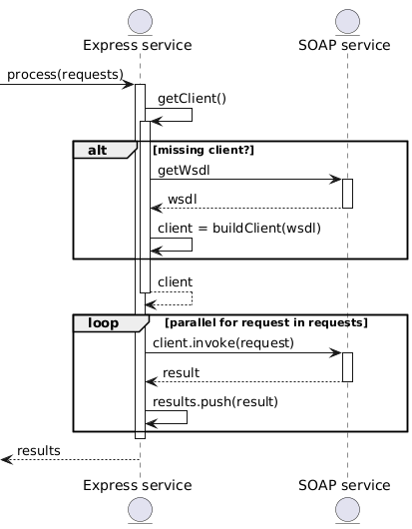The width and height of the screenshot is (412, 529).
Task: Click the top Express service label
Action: click(x=138, y=45)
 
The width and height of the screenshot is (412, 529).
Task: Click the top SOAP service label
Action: click(x=344, y=45)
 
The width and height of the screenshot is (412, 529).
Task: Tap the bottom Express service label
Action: click(x=138, y=485)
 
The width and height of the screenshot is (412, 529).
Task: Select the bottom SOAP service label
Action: click(x=344, y=485)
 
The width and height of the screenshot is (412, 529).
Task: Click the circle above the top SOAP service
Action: click(x=347, y=22)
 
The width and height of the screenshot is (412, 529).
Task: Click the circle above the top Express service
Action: click(x=140, y=22)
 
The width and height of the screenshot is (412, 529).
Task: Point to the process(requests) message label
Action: click(x=66, y=75)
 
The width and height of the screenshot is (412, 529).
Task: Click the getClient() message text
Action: click(x=192, y=99)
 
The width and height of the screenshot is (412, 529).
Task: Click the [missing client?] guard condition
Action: click(x=204, y=150)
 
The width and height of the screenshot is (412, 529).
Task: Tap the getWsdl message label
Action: click(x=184, y=171)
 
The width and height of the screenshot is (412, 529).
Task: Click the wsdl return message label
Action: click(x=183, y=199)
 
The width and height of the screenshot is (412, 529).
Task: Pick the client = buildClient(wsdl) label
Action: click(x=239, y=229)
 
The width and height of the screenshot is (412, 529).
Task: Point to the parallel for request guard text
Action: click(x=266, y=322)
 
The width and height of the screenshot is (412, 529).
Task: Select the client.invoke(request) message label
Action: click(x=223, y=343)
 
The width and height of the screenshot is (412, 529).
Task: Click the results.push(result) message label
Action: click(x=215, y=402)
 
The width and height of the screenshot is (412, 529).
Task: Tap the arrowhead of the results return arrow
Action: click(x=6, y=459)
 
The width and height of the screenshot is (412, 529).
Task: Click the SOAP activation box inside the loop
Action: click(x=347, y=367)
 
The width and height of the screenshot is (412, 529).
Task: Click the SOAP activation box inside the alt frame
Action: click(x=347, y=194)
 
